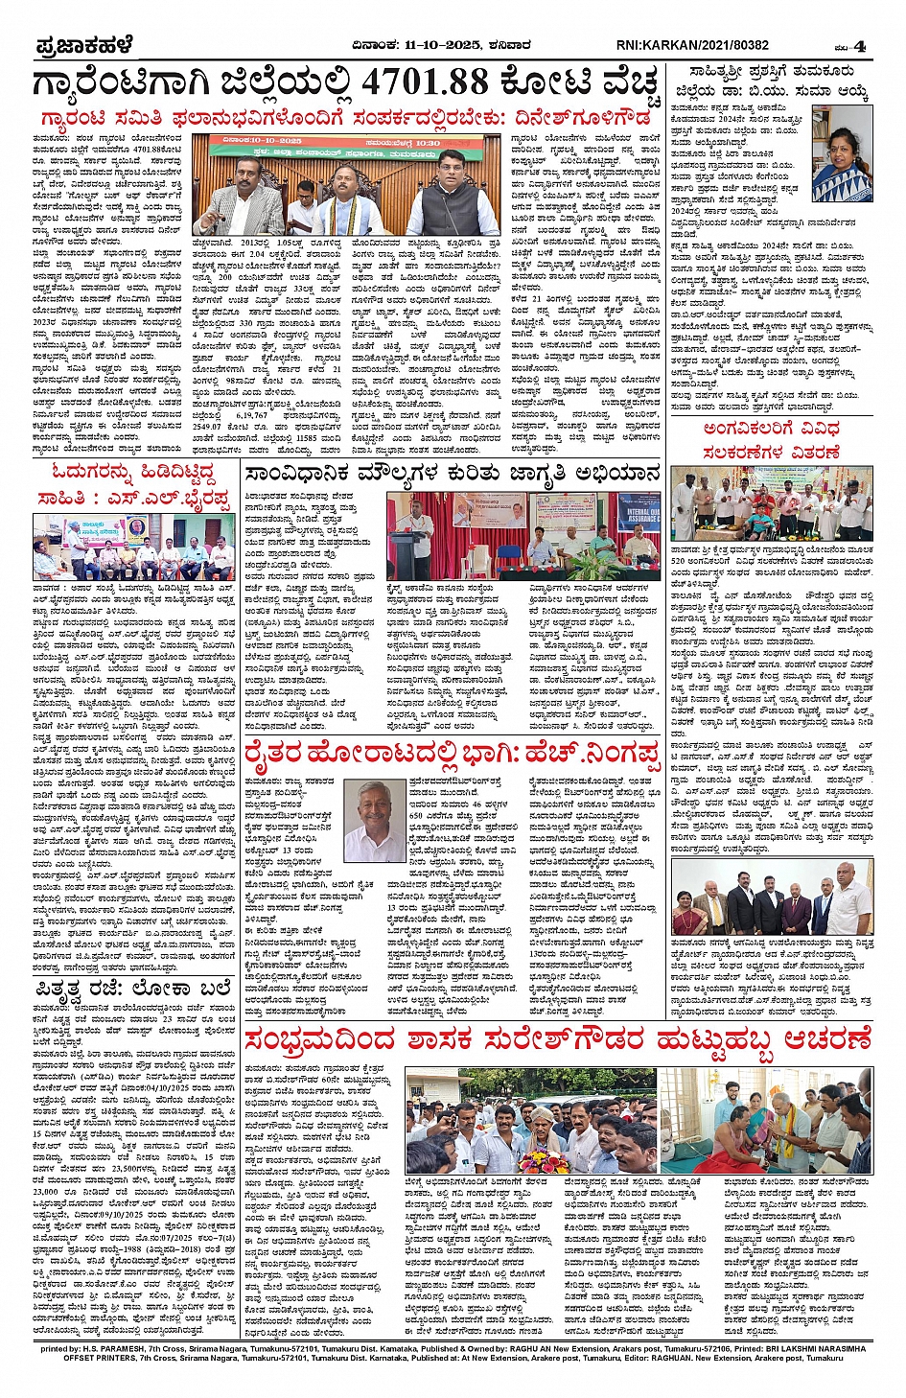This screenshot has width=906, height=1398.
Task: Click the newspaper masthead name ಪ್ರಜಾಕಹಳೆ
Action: click(x=84, y=45)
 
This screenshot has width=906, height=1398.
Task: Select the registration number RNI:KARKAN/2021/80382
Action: click(x=692, y=45)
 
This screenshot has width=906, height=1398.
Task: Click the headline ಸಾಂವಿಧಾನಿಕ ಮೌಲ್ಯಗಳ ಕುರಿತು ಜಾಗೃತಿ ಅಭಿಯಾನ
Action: click(x=452, y=474)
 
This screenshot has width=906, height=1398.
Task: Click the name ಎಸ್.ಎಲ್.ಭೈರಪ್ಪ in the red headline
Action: click(x=174, y=500)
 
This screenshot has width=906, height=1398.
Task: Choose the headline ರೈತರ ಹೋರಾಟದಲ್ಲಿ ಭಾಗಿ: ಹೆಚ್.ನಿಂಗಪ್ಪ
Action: click(x=452, y=757)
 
